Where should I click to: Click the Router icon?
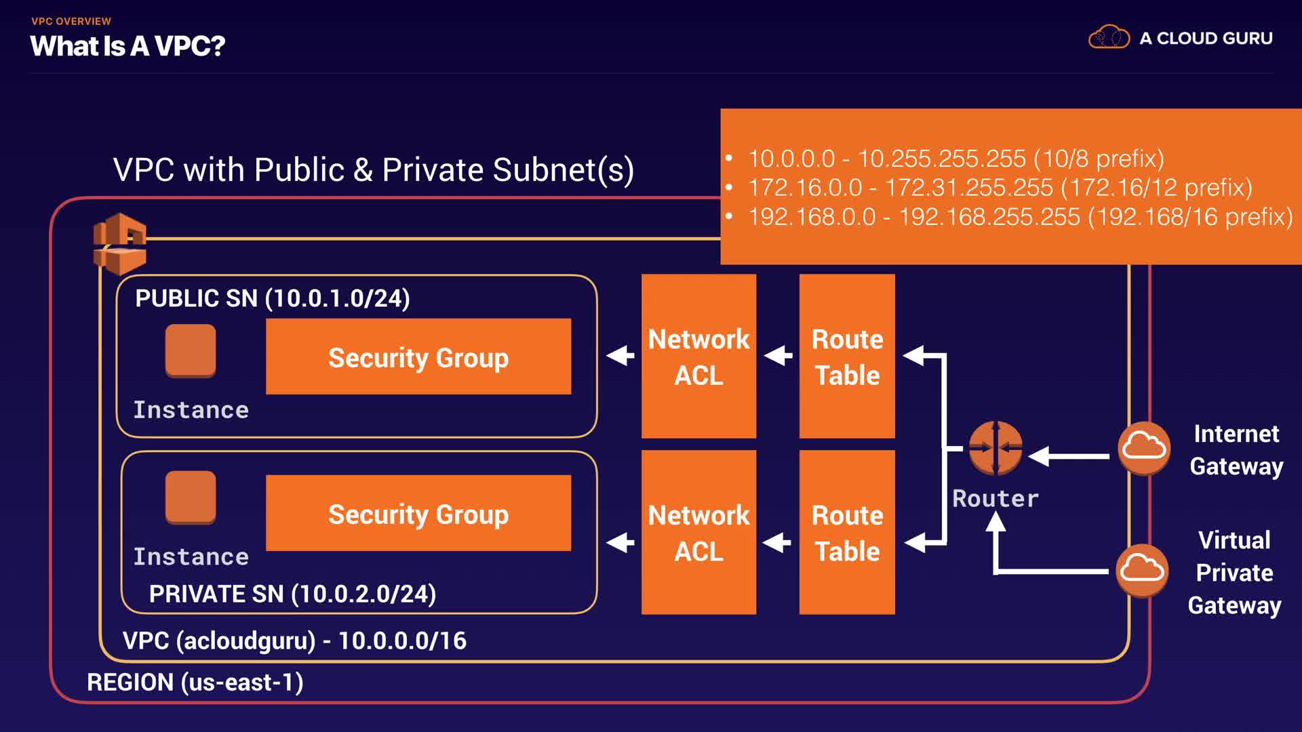click(995, 448)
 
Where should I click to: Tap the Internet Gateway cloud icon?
click(1144, 448)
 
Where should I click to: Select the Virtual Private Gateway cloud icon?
click(1143, 570)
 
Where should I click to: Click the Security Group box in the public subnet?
click(418, 357)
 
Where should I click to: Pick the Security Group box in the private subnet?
click(418, 513)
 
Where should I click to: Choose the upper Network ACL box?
click(698, 357)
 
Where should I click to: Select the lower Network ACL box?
click(698, 532)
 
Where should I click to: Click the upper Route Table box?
click(847, 357)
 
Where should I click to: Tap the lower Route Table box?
click(847, 532)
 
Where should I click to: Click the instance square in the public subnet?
click(191, 350)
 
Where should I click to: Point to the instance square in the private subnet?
click(191, 497)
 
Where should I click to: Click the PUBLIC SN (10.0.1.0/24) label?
click(273, 298)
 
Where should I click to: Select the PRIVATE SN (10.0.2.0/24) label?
click(292, 594)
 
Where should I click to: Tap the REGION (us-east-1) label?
click(195, 682)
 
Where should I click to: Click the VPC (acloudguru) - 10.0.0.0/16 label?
click(294, 640)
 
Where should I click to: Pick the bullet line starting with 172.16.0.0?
click(1000, 187)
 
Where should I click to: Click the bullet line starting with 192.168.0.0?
click(1021, 217)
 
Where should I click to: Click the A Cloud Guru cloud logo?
click(1109, 37)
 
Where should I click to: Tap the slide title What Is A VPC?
click(127, 46)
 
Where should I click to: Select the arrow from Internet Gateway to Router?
click(1069, 456)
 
